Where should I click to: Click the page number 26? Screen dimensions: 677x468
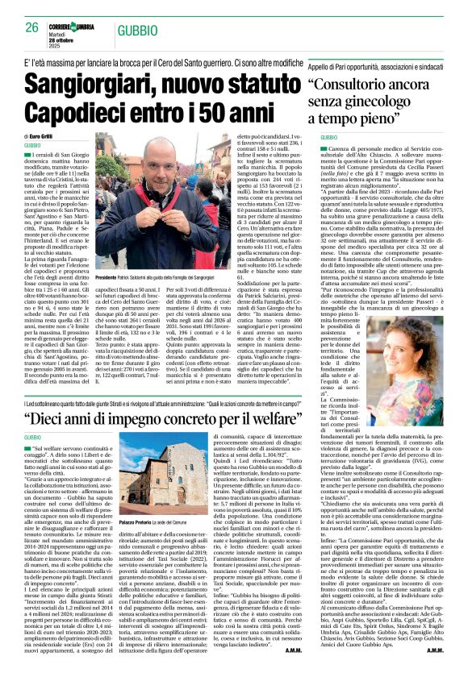pyautogui.click(x=32, y=27)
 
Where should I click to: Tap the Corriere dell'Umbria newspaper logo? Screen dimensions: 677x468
pyautogui.click(x=73, y=27)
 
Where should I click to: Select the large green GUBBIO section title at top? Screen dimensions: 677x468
pyautogui.click(x=136, y=30)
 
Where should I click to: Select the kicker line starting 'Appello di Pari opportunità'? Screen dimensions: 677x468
pyautogui.click(x=379, y=64)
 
